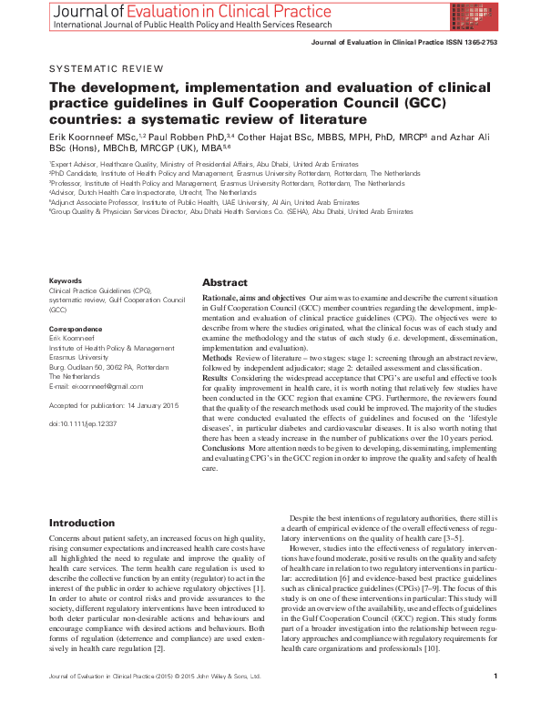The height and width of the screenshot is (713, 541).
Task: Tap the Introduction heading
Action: (82, 523)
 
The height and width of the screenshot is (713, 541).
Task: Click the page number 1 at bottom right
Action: (495, 702)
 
